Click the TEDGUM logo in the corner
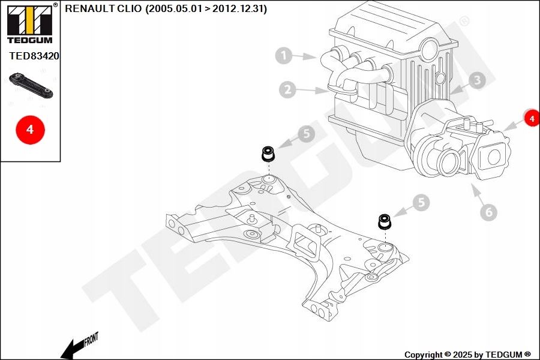30,23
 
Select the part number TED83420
34,56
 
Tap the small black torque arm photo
31,85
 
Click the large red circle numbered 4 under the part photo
31,130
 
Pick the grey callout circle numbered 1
284,55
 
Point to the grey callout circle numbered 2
287,89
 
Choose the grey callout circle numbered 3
477,80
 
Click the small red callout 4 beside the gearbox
532,118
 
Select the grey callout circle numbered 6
488,212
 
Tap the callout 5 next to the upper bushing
306,133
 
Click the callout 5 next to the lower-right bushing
421,202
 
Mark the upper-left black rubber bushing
268,154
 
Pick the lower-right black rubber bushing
384,221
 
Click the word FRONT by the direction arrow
91,339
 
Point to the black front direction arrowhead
68,350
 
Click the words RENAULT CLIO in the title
103,8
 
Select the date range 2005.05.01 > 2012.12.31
206,8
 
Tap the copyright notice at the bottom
467,355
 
